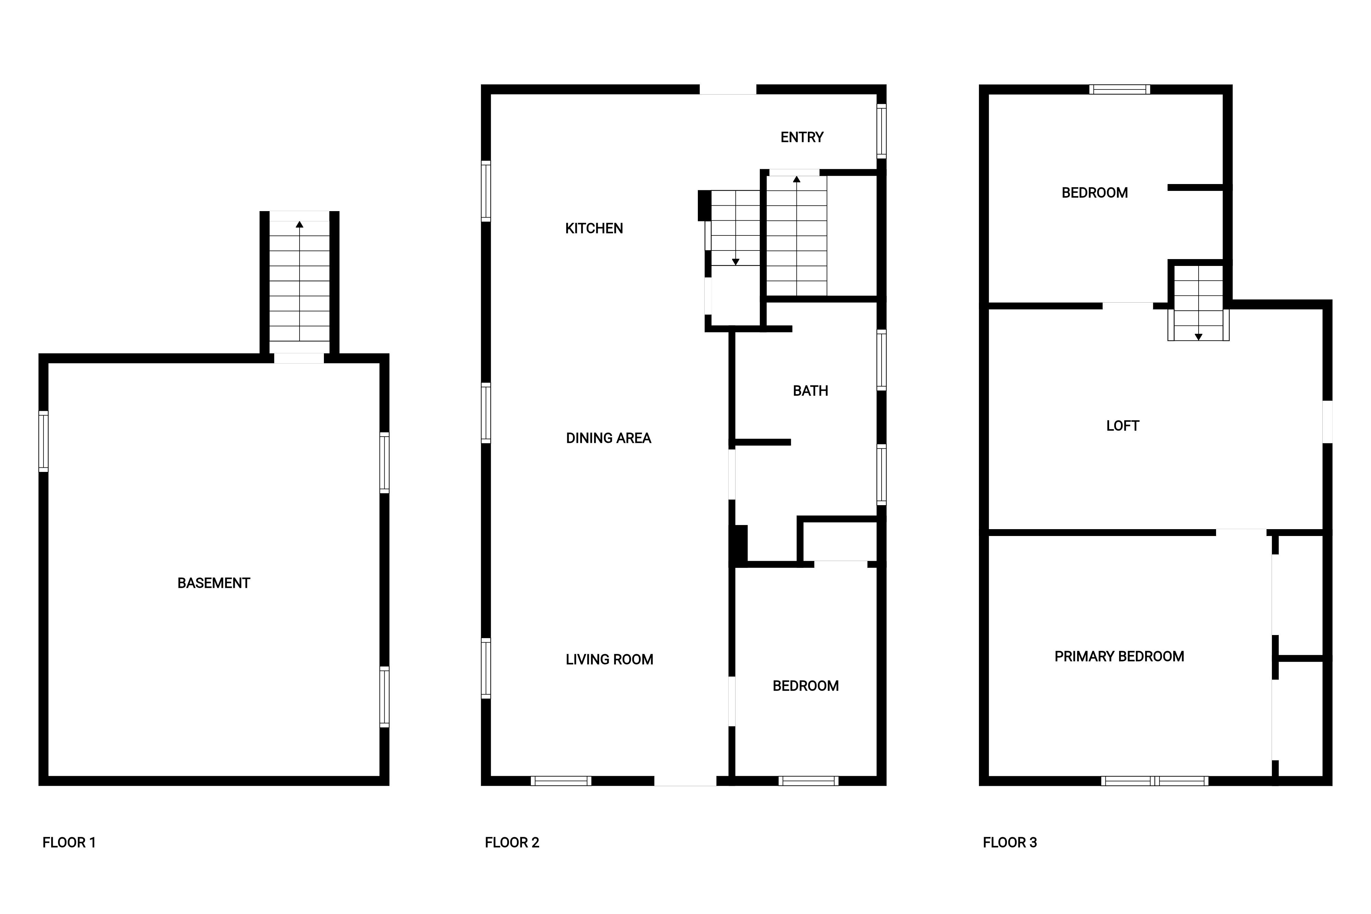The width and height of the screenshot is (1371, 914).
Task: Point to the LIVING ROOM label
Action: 609,659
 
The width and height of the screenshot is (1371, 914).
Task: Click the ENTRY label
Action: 802,137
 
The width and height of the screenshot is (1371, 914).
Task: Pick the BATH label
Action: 810,391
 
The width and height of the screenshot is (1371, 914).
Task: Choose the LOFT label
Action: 1123,426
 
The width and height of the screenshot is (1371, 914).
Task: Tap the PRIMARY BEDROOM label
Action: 1119,656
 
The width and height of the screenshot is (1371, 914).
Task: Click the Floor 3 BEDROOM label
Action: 1095,192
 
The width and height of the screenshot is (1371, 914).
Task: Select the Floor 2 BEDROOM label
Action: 805,685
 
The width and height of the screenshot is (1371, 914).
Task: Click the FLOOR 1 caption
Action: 69,842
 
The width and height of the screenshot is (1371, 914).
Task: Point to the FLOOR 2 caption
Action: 512,842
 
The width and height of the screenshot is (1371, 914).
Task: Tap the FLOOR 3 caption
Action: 1010,842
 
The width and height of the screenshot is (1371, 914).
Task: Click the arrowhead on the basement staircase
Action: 300,224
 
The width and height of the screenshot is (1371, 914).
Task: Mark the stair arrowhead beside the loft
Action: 1199,337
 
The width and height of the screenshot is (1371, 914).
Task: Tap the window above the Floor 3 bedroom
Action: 1120,89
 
